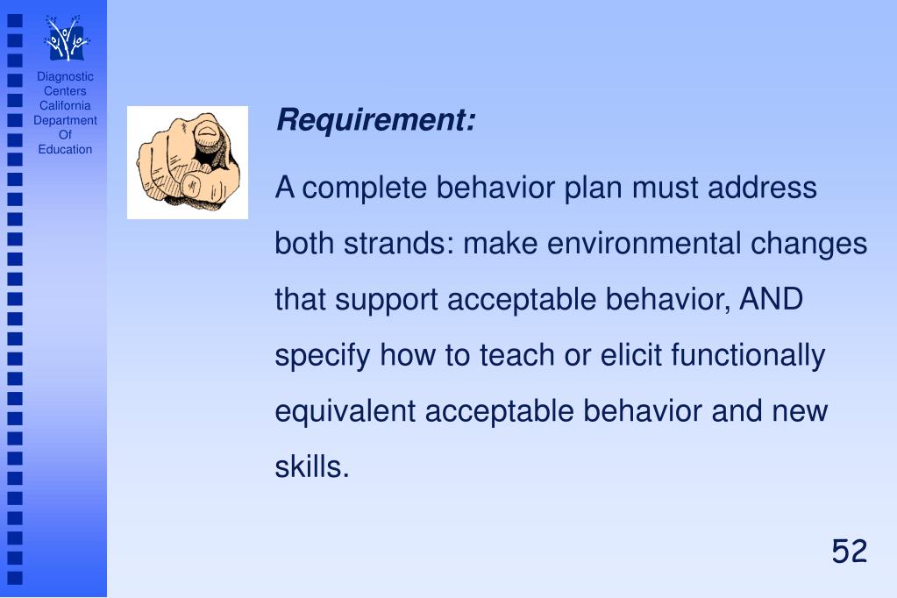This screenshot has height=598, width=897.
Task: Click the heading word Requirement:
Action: coord(376,120)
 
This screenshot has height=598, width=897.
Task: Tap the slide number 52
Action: coord(849,552)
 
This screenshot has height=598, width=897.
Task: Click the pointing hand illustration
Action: coord(188,162)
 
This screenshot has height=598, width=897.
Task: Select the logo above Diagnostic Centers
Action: coord(67,39)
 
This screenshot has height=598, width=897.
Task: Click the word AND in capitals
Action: coord(772,300)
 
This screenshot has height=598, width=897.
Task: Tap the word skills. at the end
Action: coord(312,467)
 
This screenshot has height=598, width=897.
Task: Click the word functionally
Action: coord(748,356)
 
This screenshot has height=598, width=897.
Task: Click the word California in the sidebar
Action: coord(65,105)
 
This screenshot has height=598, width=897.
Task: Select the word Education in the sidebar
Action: coord(65,149)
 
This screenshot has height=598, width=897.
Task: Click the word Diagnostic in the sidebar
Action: coord(65,76)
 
